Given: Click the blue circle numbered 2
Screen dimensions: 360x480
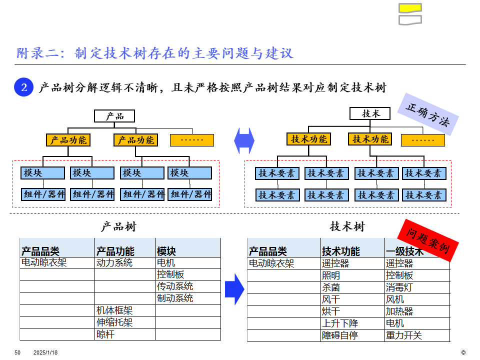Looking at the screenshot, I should [x=23, y=87].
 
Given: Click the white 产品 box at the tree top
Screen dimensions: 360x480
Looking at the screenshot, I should [x=114, y=116].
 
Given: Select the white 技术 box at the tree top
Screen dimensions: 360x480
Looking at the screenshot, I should [x=370, y=114].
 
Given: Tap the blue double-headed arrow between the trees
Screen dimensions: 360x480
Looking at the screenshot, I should [x=244, y=140].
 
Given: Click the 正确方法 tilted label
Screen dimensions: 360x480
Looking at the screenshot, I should [x=427, y=115].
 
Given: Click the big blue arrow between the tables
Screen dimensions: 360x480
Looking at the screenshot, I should [x=233, y=289].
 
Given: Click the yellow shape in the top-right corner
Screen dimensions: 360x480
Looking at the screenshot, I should [x=410, y=7].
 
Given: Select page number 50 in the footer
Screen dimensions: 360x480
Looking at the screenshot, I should [x=17, y=352].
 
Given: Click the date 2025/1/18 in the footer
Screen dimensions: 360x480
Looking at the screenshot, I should [x=45, y=352].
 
